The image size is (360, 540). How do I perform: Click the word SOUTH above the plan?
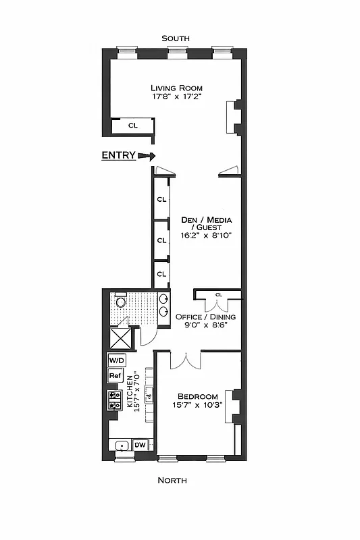[175, 39]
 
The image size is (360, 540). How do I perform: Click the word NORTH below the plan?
[172, 480]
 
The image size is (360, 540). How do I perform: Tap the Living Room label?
[176, 88]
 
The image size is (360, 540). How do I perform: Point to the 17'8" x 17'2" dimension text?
[176, 97]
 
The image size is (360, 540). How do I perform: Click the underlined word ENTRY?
[118, 155]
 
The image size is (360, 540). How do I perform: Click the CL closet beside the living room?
[133, 126]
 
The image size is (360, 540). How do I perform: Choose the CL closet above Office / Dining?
[218, 295]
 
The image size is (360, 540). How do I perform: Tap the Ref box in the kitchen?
[115, 376]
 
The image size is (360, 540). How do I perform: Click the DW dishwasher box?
[140, 445]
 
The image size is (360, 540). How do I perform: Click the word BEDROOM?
[197, 396]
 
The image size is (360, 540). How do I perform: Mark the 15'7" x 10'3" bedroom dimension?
[197, 406]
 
